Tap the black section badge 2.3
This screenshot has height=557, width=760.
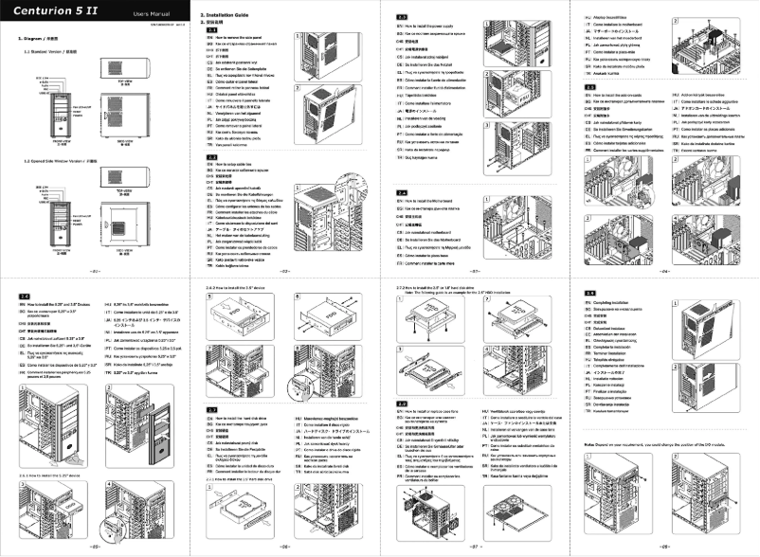[402, 18]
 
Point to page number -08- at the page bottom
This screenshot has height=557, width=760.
[664, 548]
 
